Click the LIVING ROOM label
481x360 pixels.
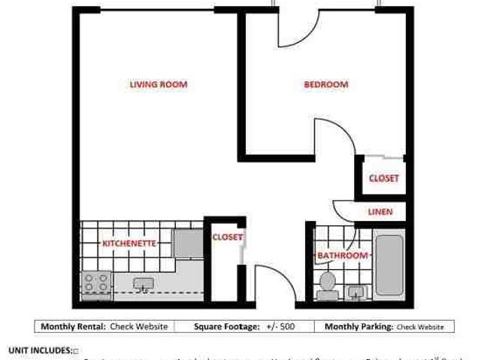(x=158, y=84)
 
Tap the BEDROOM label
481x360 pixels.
(x=325, y=84)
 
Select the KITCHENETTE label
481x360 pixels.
(x=129, y=244)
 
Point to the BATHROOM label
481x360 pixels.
(x=343, y=256)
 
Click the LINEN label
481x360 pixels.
(x=380, y=212)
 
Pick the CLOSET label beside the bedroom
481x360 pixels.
(x=383, y=178)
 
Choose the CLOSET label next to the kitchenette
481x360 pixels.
(x=227, y=237)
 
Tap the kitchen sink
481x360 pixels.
(x=144, y=284)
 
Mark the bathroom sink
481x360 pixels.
(x=356, y=291)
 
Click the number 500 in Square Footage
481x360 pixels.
(x=286, y=327)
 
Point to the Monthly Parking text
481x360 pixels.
(x=359, y=327)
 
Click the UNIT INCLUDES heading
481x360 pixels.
(x=40, y=350)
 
